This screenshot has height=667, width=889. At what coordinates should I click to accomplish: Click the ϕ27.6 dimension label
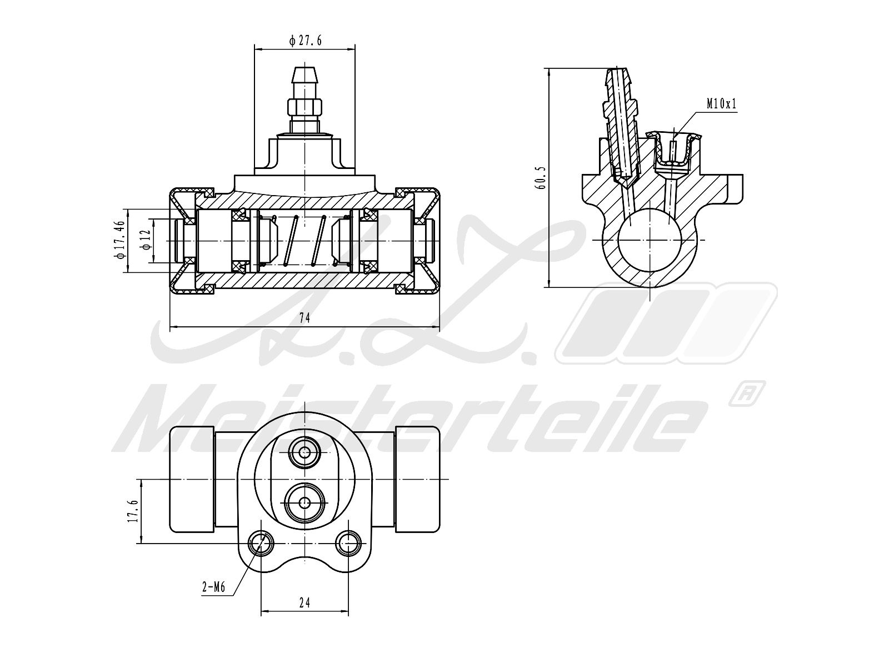click(305, 40)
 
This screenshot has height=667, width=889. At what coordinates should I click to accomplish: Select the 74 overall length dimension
click(304, 317)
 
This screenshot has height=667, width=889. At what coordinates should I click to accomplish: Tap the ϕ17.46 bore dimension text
click(118, 240)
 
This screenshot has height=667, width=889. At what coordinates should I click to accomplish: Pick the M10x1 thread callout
click(721, 103)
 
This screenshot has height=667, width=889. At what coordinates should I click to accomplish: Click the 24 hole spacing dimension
click(304, 602)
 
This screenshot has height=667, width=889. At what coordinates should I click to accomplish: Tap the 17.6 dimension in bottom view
click(132, 511)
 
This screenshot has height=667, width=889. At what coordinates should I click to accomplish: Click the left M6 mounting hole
click(260, 542)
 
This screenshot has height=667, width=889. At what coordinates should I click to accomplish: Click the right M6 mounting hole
click(348, 542)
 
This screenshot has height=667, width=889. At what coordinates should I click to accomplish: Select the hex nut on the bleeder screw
click(304, 106)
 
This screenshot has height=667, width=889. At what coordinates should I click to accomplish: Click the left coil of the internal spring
click(291, 240)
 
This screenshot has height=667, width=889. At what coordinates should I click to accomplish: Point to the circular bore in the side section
click(650, 240)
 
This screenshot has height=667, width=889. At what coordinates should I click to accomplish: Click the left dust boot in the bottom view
click(192, 479)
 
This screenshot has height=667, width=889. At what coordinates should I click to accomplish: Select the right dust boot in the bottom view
click(417, 479)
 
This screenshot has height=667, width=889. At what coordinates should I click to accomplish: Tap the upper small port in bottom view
click(304, 453)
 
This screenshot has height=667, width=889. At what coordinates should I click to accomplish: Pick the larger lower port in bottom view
click(304, 502)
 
